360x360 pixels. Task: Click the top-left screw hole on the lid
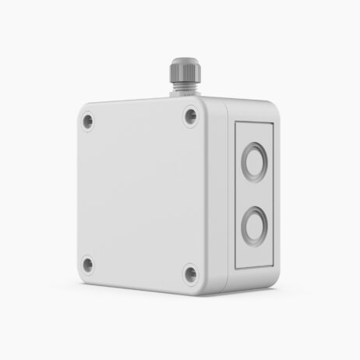click(x=87, y=121)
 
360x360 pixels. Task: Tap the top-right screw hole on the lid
click(x=190, y=117)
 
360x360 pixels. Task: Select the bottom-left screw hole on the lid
click(x=87, y=264)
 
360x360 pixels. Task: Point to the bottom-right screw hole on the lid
click(x=190, y=274)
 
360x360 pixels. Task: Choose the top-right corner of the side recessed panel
click(x=272, y=124)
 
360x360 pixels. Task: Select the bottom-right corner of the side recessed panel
click(x=272, y=265)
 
